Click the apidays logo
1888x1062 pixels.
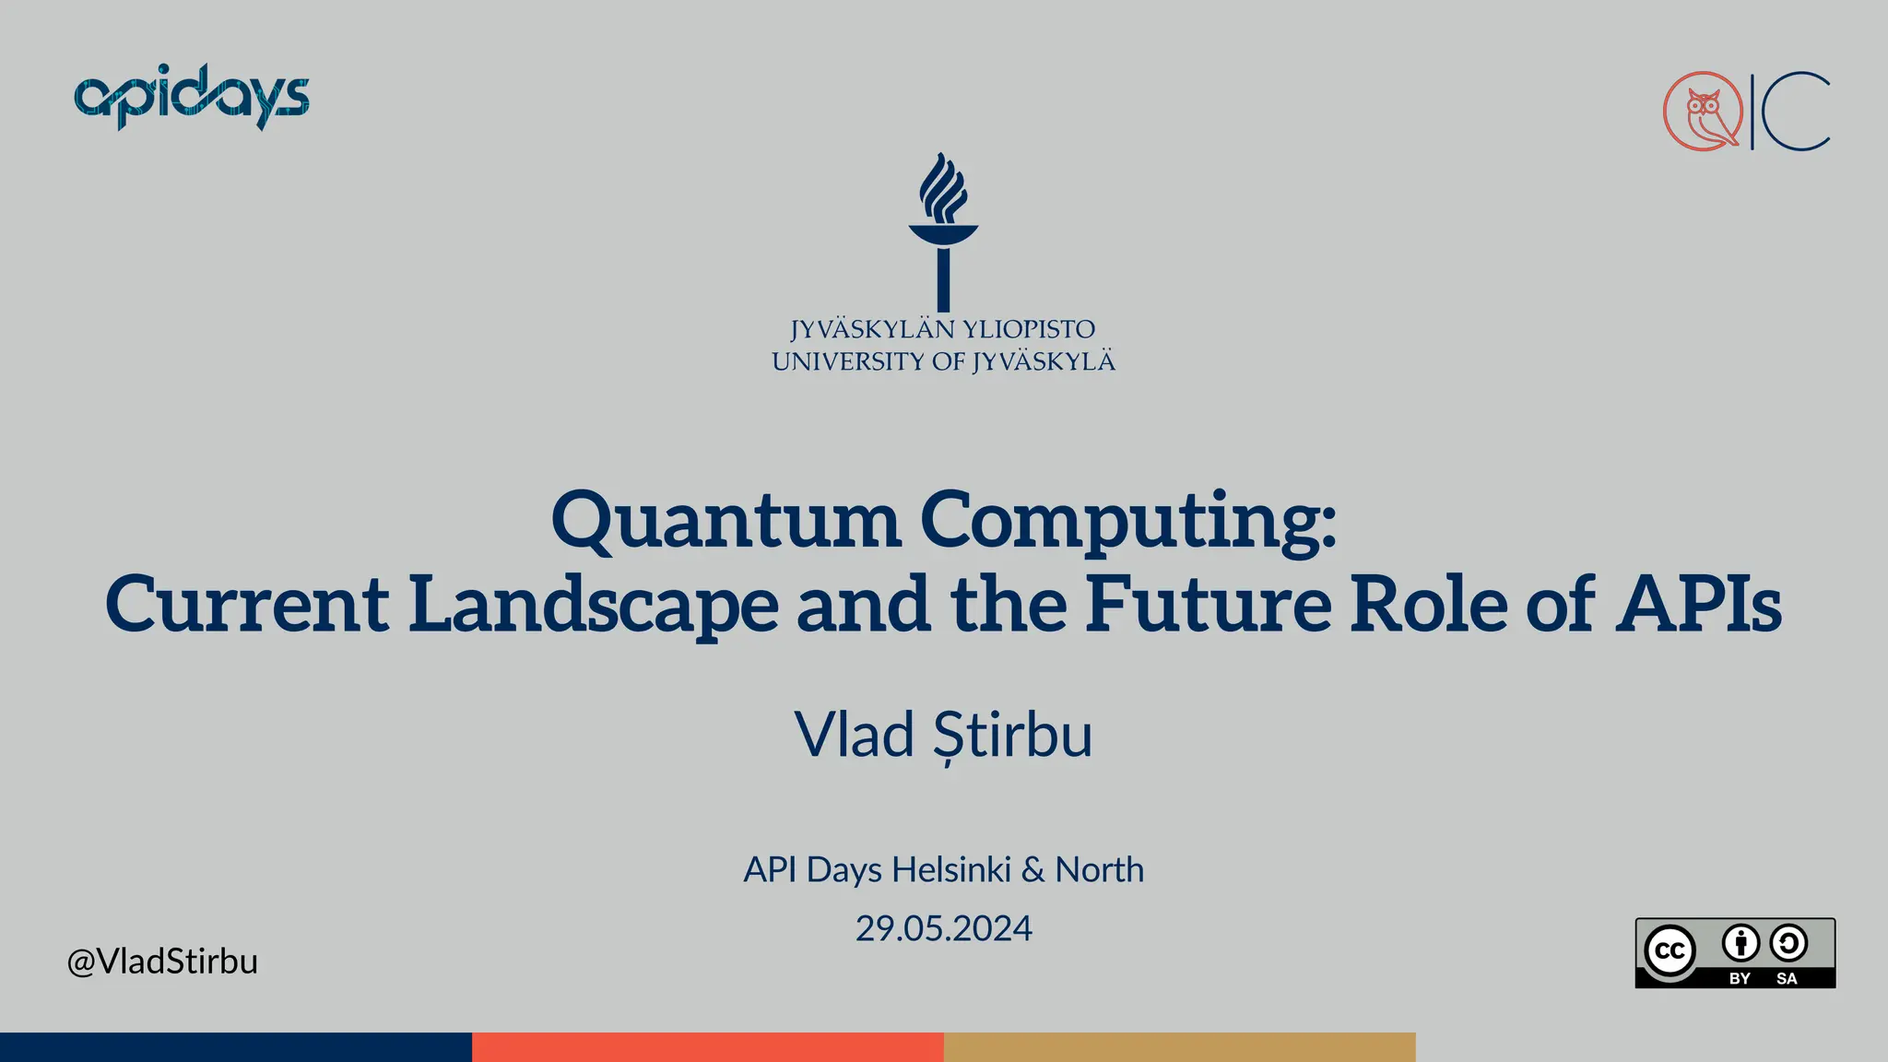191,97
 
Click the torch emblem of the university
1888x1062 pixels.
943,230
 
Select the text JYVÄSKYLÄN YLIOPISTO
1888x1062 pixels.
943,329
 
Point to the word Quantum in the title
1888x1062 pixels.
726,520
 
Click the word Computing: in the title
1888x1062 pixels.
1127,520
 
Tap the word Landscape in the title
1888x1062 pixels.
594,604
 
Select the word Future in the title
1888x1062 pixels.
1208,604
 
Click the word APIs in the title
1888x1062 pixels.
1698,604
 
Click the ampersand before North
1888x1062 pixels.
1033,869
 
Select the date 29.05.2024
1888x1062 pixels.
943,927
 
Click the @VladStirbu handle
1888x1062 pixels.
162,961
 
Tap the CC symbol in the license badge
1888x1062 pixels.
1670,950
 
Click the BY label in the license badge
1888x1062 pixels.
1740,978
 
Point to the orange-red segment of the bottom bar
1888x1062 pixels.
707,1047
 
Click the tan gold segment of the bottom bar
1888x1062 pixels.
1179,1047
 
